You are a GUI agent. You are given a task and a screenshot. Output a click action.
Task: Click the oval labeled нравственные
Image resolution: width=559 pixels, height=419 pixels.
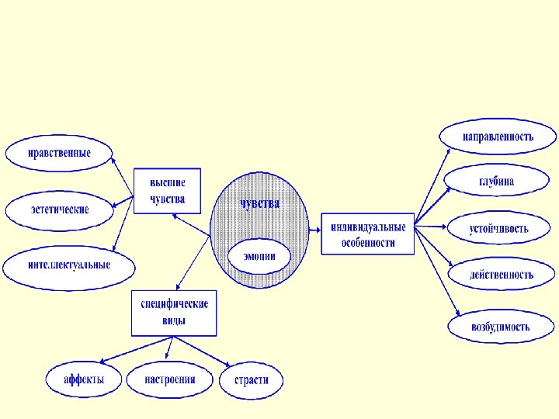click(x=59, y=152)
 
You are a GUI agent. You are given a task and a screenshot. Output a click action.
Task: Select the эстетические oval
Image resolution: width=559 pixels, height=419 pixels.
click(x=60, y=209)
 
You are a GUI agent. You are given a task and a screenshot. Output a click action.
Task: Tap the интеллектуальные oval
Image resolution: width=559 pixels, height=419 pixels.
click(x=69, y=265)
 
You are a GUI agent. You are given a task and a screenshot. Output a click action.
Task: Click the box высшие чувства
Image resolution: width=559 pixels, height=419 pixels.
click(x=167, y=190)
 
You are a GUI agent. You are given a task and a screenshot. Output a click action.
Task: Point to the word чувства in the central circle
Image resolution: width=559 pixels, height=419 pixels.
click(x=259, y=204)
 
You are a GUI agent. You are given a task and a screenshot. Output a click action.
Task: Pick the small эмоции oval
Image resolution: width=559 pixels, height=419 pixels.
click(x=259, y=257)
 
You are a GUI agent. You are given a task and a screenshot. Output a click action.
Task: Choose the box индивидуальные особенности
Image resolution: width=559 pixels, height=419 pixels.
click(x=368, y=233)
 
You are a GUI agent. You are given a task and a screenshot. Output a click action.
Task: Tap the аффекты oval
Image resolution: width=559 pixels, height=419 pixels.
click(x=84, y=380)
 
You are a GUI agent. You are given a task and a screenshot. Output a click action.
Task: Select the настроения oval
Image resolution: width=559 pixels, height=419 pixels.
click(x=169, y=380)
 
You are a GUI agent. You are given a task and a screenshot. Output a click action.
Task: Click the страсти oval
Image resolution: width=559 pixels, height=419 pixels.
click(x=252, y=380)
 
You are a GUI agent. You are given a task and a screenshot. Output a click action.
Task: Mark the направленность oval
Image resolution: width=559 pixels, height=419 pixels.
click(x=498, y=137)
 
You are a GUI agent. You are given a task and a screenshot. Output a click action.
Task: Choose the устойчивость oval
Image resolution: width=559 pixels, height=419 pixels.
click(x=499, y=229)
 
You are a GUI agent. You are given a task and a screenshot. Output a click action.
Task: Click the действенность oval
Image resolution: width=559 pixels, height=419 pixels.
click(x=501, y=274)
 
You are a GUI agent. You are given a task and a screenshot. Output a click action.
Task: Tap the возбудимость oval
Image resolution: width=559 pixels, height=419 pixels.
click(x=501, y=327)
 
